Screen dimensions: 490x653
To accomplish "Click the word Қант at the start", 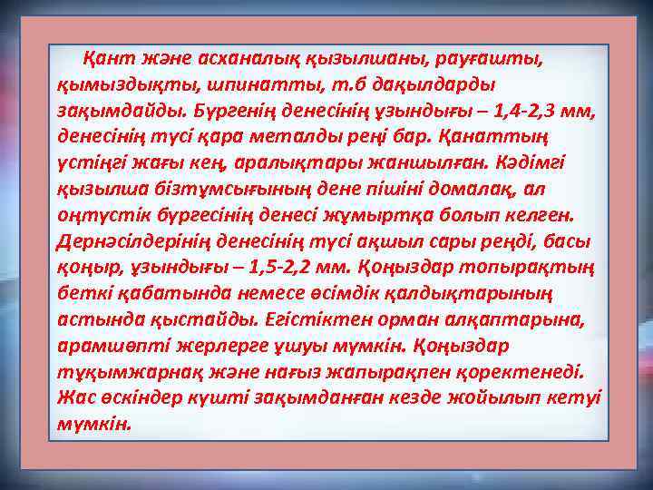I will (103, 59).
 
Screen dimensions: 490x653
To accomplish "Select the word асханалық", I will (224, 59).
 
